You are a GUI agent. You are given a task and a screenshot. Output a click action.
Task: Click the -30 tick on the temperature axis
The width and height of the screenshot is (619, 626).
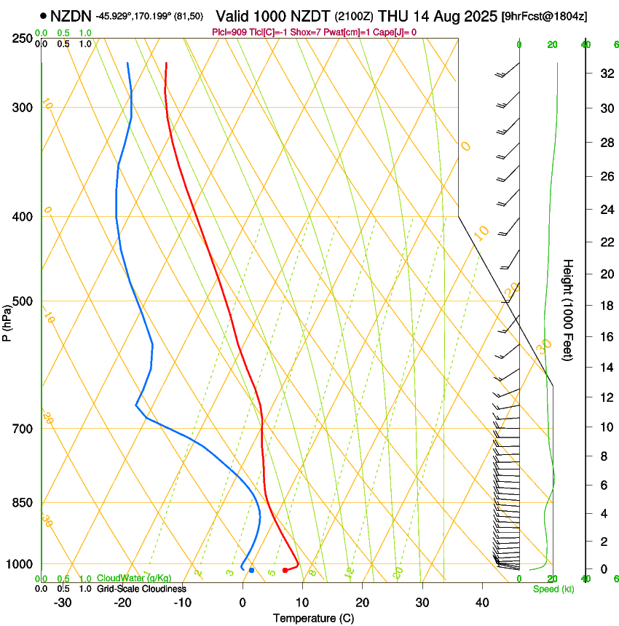(x=63, y=602)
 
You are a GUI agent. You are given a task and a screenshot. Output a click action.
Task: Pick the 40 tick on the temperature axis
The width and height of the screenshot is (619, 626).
(x=481, y=602)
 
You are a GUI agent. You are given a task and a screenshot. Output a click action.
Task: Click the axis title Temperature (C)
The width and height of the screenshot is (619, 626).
(x=312, y=618)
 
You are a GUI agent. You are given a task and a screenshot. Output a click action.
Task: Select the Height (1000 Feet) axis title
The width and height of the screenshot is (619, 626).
(x=568, y=310)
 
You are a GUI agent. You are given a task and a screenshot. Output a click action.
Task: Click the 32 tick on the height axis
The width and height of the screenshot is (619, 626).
(x=606, y=74)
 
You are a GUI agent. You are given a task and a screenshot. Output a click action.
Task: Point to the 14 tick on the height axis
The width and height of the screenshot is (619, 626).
(x=606, y=368)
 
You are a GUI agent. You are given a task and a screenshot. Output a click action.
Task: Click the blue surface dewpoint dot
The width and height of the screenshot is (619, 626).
(x=251, y=570)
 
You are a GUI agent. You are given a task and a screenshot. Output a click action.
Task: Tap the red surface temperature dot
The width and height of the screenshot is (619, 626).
(x=285, y=570)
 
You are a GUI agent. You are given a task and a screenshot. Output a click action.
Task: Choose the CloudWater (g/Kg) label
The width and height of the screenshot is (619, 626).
(x=134, y=579)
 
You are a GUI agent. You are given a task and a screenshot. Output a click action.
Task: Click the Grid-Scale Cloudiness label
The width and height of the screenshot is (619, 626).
(x=141, y=588)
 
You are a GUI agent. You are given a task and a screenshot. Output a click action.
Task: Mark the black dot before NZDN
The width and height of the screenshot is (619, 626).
(x=44, y=15)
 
